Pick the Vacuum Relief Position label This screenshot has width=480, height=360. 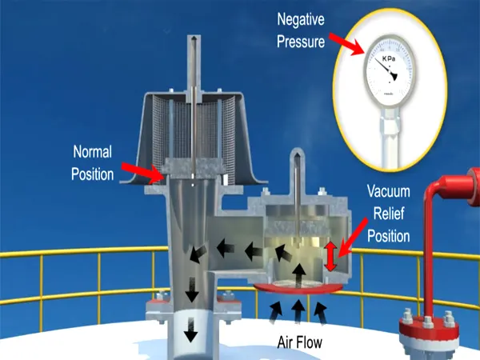[389, 214]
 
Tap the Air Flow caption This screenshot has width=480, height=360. [299, 342]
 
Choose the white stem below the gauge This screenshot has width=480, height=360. [392, 136]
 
